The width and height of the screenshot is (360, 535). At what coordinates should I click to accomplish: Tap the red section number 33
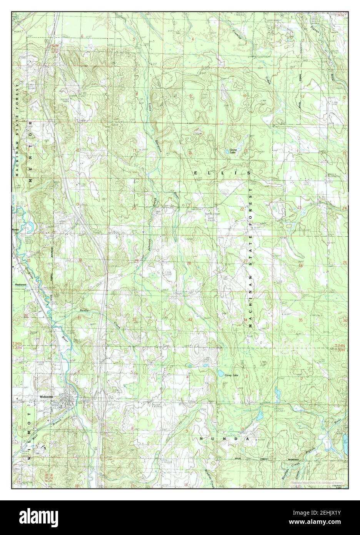tap(190, 320)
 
